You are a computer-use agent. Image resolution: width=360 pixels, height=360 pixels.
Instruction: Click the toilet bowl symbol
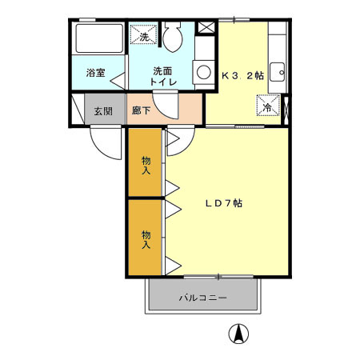pyautogui.click(x=173, y=37)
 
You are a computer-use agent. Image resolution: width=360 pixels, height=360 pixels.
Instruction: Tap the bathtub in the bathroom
pyautogui.click(x=99, y=38)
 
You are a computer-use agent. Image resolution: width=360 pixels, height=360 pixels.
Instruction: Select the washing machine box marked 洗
pyautogui.click(x=143, y=34)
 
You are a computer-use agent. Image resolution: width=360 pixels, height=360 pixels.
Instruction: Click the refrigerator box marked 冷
pyautogui.click(x=268, y=106)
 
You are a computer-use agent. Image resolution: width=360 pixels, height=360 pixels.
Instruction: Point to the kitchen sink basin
pyautogui.click(x=278, y=72)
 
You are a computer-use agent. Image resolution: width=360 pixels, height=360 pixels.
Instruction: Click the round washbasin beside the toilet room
pyautogui.click(x=204, y=72)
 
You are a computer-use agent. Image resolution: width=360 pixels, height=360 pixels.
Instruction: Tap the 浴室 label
pyautogui.click(x=95, y=73)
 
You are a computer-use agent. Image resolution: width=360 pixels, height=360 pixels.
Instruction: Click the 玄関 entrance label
pyautogui.click(x=103, y=111)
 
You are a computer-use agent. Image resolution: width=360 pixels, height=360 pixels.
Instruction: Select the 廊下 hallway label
pyautogui.click(x=141, y=110)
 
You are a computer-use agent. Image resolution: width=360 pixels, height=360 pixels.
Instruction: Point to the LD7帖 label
pyautogui.click(x=224, y=203)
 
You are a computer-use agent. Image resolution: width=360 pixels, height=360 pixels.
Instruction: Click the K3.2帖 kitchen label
pyautogui.click(x=242, y=76)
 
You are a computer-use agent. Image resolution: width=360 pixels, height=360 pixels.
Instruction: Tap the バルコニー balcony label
pyautogui.click(x=203, y=298)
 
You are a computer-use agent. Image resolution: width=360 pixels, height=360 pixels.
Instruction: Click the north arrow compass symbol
pyautogui.click(x=238, y=334)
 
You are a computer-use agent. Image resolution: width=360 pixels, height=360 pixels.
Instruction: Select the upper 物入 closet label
pyautogui.click(x=146, y=166)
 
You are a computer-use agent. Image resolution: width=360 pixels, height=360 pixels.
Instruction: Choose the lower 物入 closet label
pyautogui.click(x=146, y=239)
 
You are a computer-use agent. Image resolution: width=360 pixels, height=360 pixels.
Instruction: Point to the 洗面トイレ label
pyautogui.click(x=163, y=77)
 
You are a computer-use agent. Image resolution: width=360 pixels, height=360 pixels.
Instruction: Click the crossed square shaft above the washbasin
pyautogui.click(x=206, y=27)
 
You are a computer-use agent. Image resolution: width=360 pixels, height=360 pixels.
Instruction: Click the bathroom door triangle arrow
pyautogui.click(x=118, y=81)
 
